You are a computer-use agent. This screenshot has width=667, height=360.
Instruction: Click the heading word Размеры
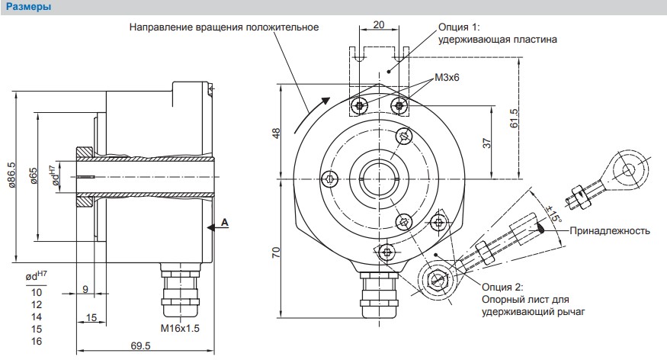(28, 7)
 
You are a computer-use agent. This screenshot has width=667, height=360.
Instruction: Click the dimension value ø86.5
(11, 175)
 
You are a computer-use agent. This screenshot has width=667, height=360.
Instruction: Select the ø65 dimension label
(34, 176)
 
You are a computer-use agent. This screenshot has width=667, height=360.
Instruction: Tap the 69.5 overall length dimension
(140, 346)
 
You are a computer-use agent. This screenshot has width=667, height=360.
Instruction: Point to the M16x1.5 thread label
(180, 329)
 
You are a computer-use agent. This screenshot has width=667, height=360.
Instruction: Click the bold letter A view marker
(225, 223)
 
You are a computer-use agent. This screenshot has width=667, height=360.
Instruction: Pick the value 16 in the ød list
(37, 341)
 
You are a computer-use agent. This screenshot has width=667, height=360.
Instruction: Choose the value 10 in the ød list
(37, 292)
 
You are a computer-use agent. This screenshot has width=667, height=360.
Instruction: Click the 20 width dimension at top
(379, 24)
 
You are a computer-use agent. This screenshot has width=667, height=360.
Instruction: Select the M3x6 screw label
(447, 78)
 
